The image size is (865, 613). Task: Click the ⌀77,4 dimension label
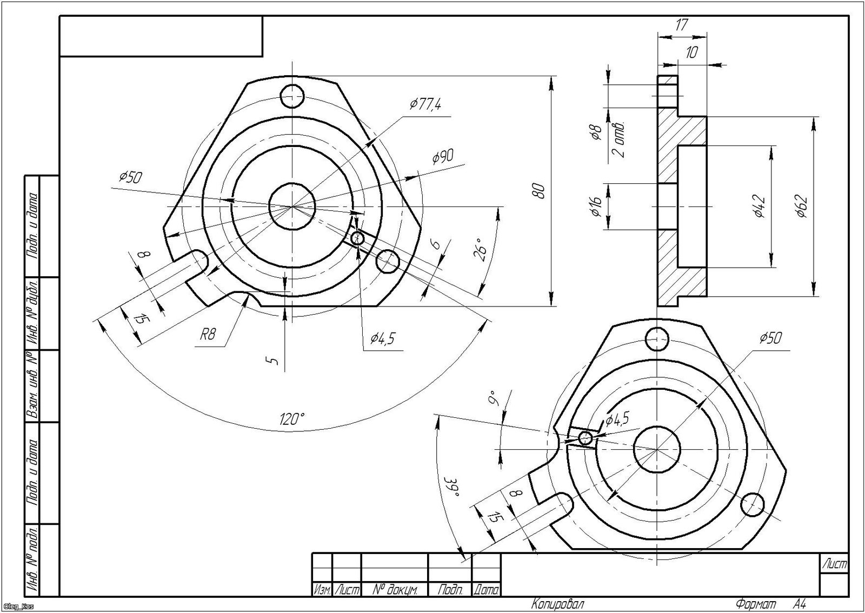click(x=426, y=104)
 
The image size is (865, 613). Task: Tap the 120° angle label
click(x=292, y=418)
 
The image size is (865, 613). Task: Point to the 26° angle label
click(x=482, y=250)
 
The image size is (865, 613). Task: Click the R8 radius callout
click(x=208, y=335)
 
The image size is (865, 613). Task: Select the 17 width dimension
click(x=682, y=24)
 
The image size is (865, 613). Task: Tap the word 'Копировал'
click(x=557, y=603)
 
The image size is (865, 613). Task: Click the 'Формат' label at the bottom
click(x=755, y=603)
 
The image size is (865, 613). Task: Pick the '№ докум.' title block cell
click(x=394, y=590)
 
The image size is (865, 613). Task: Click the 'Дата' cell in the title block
click(x=486, y=590)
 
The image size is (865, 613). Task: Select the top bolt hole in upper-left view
click(x=292, y=96)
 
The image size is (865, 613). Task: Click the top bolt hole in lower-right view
click(x=657, y=339)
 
